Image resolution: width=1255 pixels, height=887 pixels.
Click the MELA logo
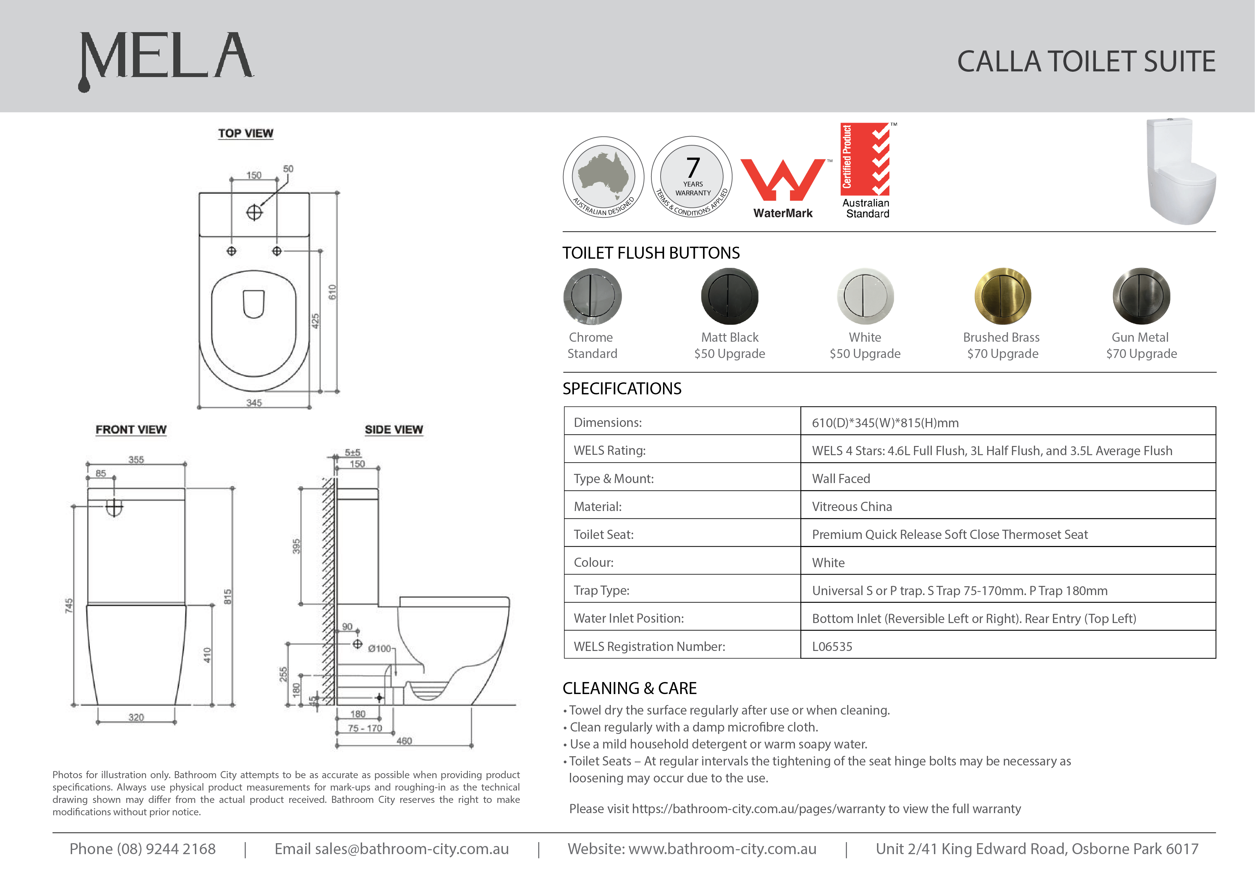[166, 59]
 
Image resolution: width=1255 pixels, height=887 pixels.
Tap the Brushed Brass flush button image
[1003, 296]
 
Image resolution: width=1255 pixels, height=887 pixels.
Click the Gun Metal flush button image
[1141, 296]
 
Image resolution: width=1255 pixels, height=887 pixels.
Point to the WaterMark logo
[783, 188]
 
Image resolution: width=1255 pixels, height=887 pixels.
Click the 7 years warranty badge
[692, 176]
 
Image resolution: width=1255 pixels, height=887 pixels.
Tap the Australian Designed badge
[603, 176]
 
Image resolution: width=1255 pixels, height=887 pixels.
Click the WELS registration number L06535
[832, 647]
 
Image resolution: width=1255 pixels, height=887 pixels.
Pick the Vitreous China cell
[852, 507]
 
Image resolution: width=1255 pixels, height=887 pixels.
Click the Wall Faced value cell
[841, 479]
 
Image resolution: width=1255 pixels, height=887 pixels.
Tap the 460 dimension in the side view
[404, 741]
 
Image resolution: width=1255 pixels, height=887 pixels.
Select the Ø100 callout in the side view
[379, 649]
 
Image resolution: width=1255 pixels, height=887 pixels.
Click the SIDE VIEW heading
[394, 430]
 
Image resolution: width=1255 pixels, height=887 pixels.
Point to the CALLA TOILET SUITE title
[1086, 61]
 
